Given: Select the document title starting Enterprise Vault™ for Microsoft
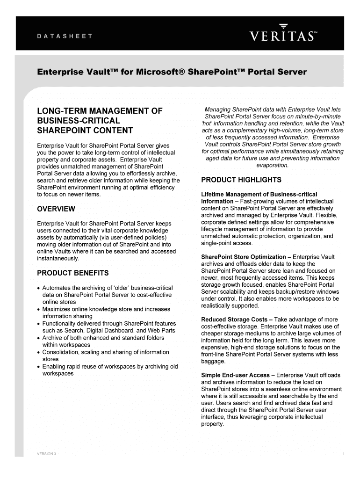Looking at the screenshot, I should click(172, 72).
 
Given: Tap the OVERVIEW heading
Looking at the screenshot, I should click(56, 209).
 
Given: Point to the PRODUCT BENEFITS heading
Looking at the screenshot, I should click(73, 273).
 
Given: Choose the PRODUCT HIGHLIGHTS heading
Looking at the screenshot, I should click(241, 180).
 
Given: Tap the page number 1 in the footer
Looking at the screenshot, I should click(343, 455).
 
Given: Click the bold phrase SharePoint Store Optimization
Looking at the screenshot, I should click(243, 257).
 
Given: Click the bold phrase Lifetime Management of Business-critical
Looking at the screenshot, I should click(259, 194).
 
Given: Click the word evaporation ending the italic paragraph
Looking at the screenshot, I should click(273, 165).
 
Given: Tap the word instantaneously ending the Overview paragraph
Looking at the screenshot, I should click(58, 258).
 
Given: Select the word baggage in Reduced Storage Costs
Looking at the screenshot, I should click(213, 362).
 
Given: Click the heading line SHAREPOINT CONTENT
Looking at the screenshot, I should click(85, 131).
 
